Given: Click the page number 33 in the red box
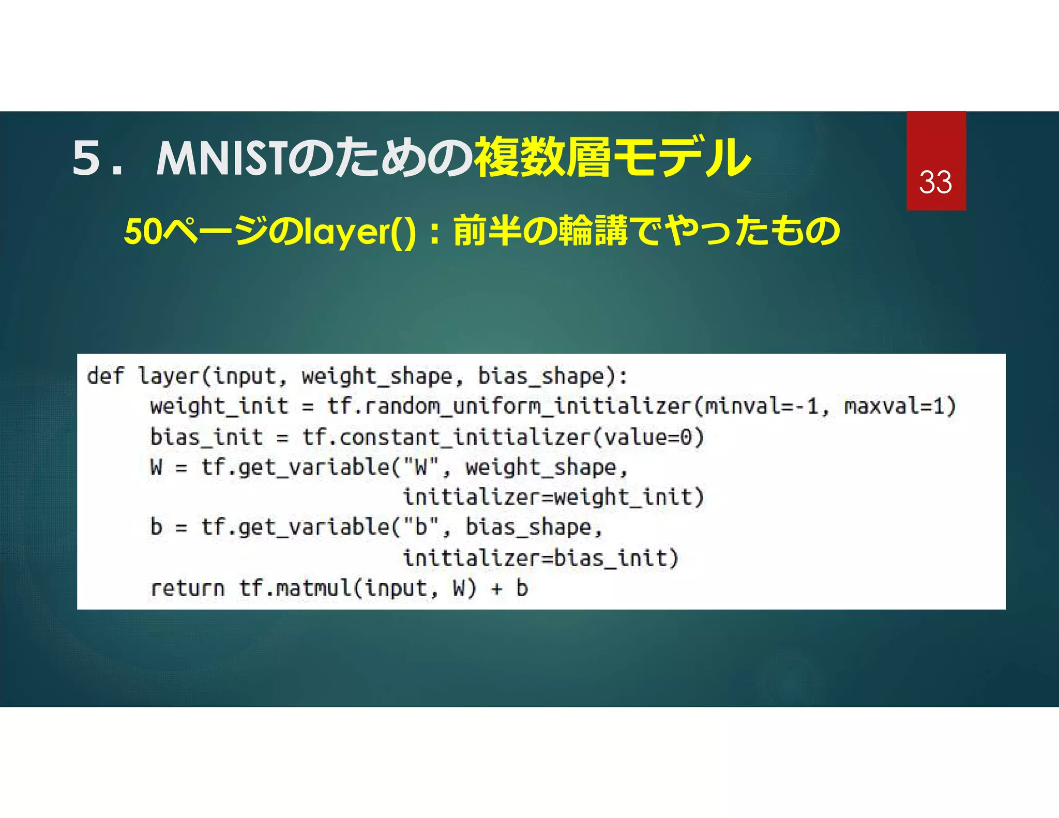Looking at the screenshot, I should tap(935, 183).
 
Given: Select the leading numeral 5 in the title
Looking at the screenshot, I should tap(86, 158).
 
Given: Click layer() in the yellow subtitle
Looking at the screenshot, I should tap(360, 233).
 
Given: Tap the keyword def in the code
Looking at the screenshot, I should tap(105, 376).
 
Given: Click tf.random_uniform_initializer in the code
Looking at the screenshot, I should tap(509, 406).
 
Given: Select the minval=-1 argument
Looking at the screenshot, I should tap(762, 406).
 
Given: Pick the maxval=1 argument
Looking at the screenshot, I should tap(899, 406).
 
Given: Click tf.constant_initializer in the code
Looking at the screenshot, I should tap(446, 437).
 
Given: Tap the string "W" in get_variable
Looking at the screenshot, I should tap(421, 467).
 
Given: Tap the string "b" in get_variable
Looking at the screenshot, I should tap(421, 527).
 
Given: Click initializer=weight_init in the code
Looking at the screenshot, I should tap(553, 497).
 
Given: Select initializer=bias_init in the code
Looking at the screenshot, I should tap(540, 558).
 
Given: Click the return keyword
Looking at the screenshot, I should tap(187, 588).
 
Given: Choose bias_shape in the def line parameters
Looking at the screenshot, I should tap(541, 376).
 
